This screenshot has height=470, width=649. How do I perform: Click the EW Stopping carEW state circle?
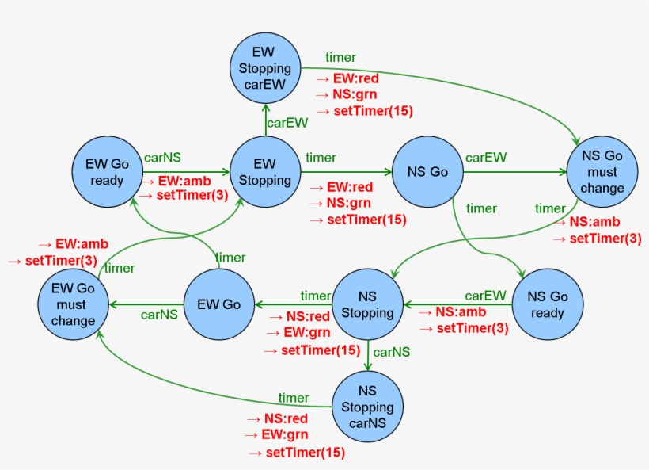click(265, 69)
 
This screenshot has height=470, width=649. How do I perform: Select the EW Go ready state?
click(108, 172)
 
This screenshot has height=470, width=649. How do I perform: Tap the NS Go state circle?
click(427, 172)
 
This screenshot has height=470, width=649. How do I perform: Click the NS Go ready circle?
click(548, 304)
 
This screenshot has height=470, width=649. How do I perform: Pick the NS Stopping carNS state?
click(367, 407)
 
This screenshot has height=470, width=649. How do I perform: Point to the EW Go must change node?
click(73, 304)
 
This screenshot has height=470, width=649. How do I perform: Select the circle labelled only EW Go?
click(218, 304)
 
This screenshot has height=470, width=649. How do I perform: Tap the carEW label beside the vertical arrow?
click(287, 122)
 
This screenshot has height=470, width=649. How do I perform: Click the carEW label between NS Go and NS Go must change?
click(486, 157)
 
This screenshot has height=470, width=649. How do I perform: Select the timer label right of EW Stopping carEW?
click(340, 57)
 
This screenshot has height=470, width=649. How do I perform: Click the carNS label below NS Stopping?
click(391, 351)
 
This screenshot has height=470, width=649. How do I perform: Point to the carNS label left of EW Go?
click(159, 315)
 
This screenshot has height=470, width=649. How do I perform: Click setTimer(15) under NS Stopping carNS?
click(305, 453)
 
